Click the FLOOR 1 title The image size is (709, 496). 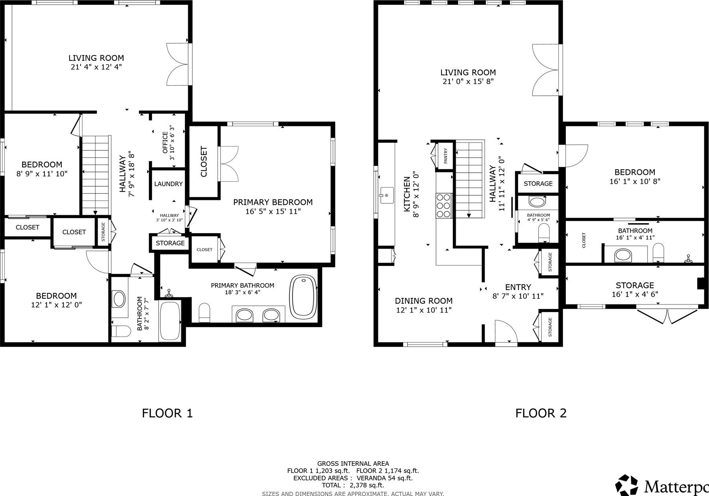coord(167,413)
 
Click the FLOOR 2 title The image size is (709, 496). coord(541,413)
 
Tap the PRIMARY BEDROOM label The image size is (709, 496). coord(273,202)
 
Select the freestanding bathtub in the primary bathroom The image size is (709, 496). coord(304,297)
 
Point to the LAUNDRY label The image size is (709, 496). coord(168,184)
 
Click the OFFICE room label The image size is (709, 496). coord(165,142)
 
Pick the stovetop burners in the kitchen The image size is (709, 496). coord(444,205)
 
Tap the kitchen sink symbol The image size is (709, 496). coord(386,195)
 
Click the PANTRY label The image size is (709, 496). coord(446,156)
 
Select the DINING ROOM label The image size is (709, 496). coord(424,301)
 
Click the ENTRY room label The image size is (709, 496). coord(518,287)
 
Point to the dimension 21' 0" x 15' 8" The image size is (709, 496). coord(468,81)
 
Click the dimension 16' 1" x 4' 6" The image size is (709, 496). coord(635,294)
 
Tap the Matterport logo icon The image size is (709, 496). coord(627,485)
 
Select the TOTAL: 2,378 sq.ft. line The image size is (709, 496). coord(353,485)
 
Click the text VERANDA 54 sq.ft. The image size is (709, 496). coord(384,478)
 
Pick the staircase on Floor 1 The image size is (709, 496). coord(96,175)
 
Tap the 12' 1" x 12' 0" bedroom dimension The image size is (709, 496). coord(56,305)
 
